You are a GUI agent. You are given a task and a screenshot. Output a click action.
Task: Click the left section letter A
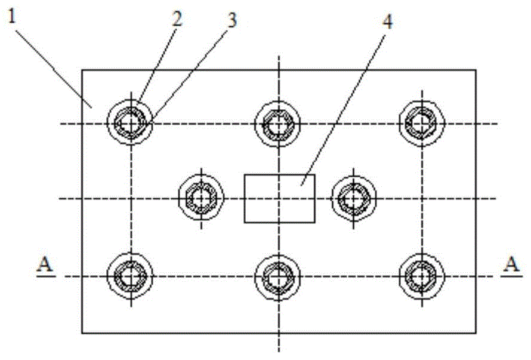click(x=42, y=264)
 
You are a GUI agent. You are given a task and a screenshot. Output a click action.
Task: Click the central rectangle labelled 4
click(x=279, y=198)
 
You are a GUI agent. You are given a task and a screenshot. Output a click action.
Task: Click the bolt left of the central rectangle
click(x=201, y=198)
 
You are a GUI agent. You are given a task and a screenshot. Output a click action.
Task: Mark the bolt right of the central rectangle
click(x=353, y=198)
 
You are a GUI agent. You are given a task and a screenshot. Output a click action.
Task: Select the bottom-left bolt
click(x=129, y=276)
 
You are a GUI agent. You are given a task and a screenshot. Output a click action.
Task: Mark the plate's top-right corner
click(x=476, y=70)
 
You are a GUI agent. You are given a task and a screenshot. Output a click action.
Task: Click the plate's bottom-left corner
click(x=82, y=333)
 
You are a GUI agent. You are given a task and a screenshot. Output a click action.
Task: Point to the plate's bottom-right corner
click(x=476, y=333)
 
